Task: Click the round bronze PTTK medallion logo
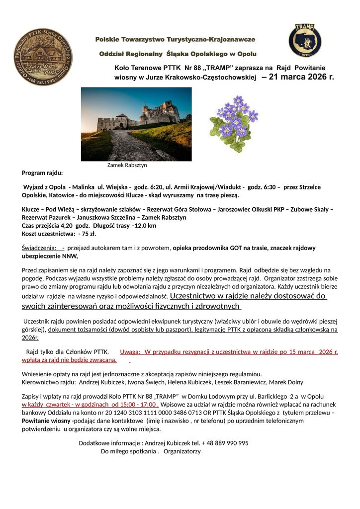(x=43, y=57)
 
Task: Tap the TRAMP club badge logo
(x=305, y=40)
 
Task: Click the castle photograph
(x=136, y=124)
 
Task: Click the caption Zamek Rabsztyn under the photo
(x=127, y=165)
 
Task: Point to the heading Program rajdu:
(x=42, y=173)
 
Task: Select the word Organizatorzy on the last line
(x=181, y=451)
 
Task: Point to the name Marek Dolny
(x=286, y=382)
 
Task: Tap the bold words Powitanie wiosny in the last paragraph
(x=46, y=421)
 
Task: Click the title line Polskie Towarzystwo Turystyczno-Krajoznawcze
(x=175, y=39)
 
